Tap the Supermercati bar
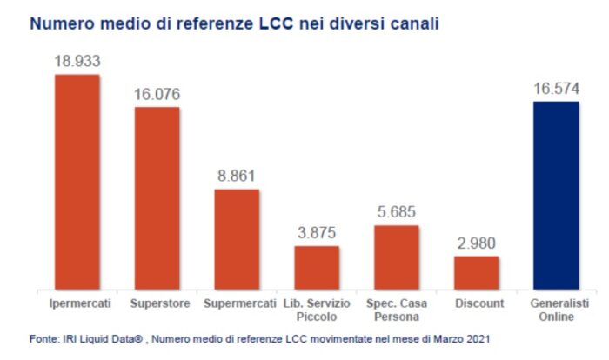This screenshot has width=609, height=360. click(x=237, y=238)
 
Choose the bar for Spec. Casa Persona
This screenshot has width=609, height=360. click(x=397, y=257)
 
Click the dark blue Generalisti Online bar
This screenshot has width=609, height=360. click(x=556, y=195)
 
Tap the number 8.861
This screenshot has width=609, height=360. click(x=237, y=177)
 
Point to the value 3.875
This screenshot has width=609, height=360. click(x=317, y=233)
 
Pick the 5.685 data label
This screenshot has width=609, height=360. click(x=397, y=212)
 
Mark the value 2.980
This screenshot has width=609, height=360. click(x=477, y=243)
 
